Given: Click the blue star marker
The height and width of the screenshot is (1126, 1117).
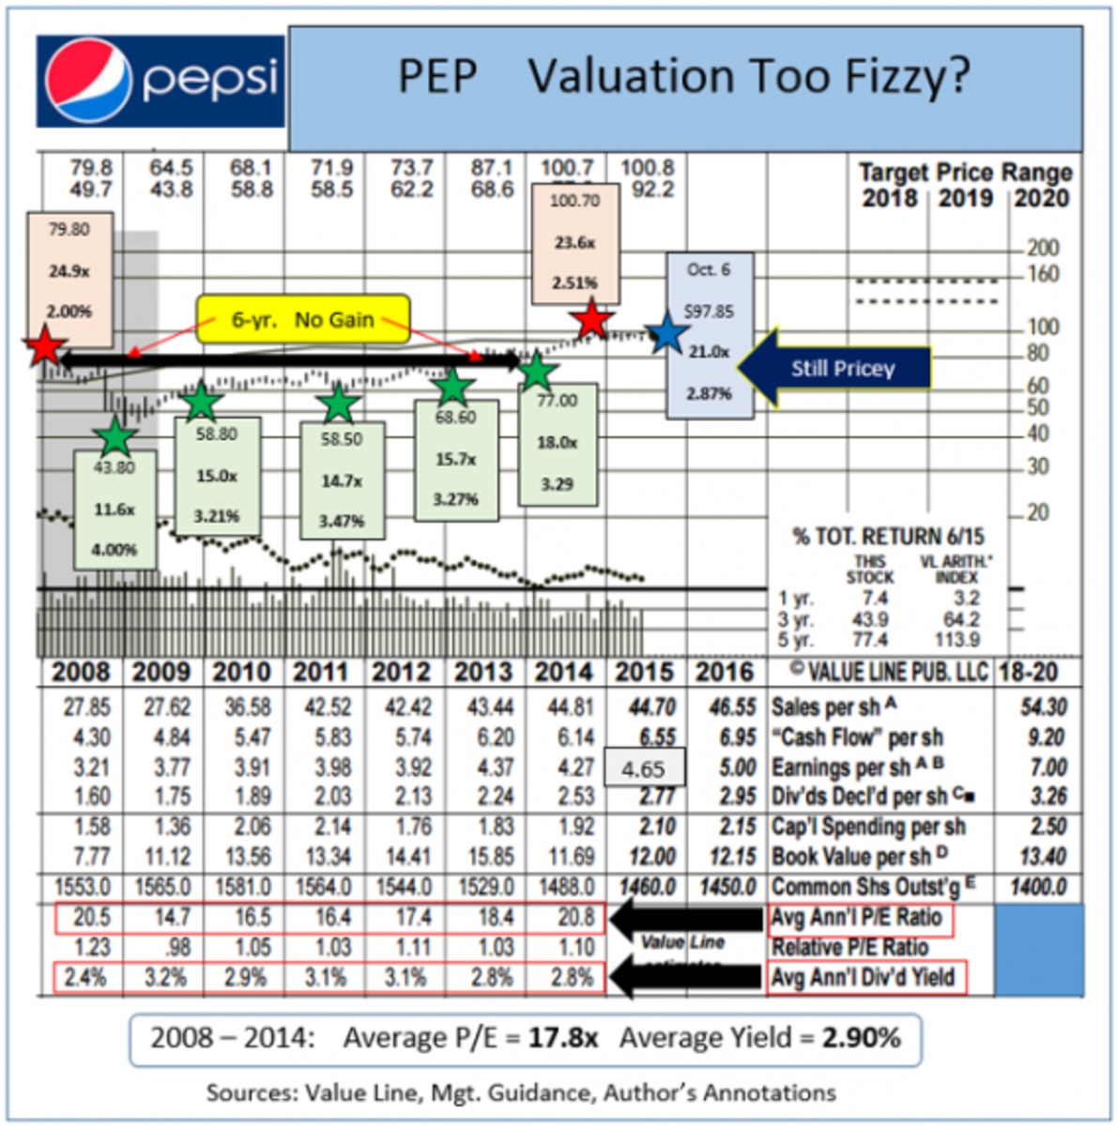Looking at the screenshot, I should [x=666, y=333].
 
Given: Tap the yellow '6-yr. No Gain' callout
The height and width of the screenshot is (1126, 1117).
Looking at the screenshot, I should [x=302, y=320].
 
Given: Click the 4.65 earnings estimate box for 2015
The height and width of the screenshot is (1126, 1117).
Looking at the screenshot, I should [x=644, y=769].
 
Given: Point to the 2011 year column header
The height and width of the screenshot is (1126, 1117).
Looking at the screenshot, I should [x=324, y=673].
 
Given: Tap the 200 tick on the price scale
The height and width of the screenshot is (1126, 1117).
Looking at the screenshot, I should [x=1042, y=249].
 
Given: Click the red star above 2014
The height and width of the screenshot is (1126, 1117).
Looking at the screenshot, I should [x=591, y=320].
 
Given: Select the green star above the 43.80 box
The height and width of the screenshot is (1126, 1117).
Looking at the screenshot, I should [x=115, y=436].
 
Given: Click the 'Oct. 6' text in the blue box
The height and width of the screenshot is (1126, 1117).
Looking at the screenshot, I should [x=708, y=270].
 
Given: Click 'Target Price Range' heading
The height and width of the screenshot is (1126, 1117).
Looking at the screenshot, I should [x=965, y=173].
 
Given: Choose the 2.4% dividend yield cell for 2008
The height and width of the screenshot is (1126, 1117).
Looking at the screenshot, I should [x=85, y=978].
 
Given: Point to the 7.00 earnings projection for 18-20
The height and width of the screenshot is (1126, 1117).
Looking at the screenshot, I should [x=1048, y=768].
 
